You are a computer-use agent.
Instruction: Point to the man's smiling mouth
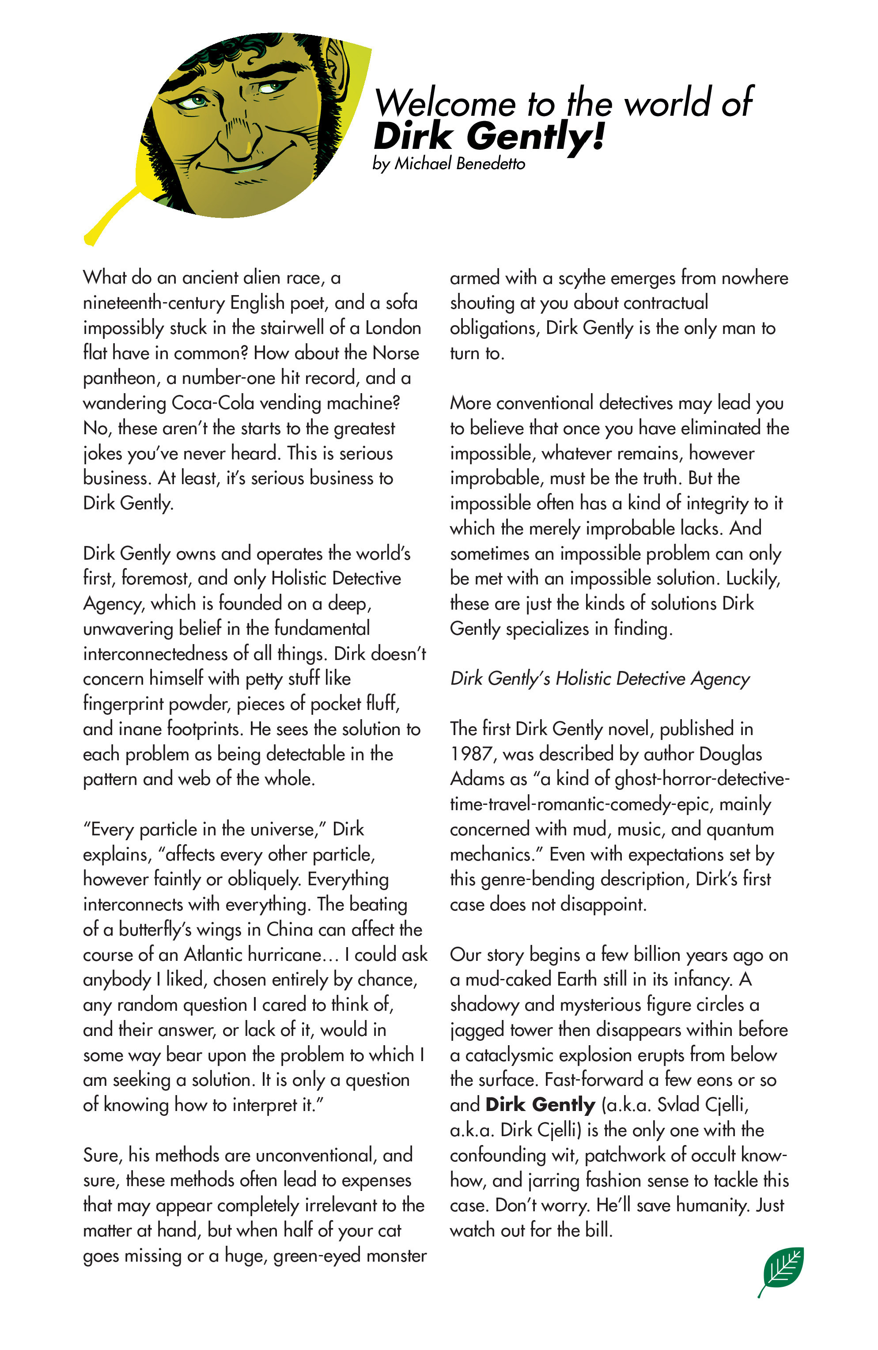244,167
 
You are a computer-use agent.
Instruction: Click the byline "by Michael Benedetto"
448,164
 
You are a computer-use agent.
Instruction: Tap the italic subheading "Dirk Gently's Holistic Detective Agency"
599,679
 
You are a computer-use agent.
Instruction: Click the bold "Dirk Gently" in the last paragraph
540,1105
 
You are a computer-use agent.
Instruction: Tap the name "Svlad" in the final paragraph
678,1105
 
